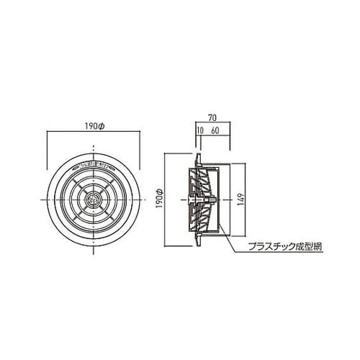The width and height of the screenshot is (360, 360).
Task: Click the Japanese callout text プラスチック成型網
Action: click(282, 246)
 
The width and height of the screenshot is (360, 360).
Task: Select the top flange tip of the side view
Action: click(197, 153)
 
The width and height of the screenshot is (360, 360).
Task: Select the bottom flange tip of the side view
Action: click(197, 244)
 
